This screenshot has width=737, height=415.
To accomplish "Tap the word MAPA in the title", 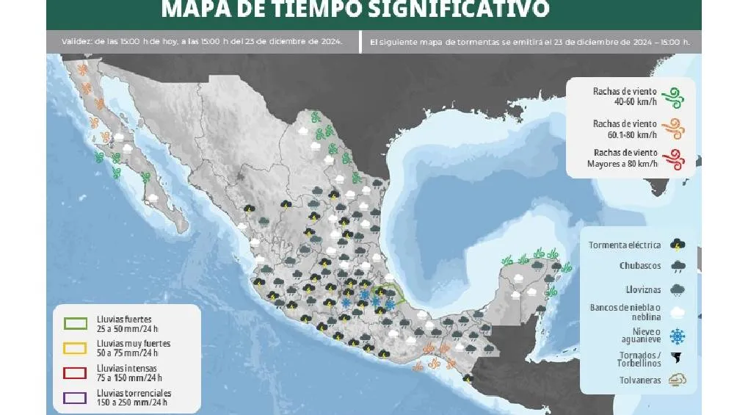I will [192, 10].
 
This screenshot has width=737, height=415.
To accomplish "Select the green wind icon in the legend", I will [672, 96].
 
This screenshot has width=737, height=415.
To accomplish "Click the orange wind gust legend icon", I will [672, 129].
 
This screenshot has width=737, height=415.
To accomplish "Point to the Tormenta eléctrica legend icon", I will [678, 245].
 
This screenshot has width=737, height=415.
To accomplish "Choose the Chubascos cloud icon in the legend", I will [678, 267].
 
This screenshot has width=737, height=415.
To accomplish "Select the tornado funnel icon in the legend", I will [678, 358].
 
